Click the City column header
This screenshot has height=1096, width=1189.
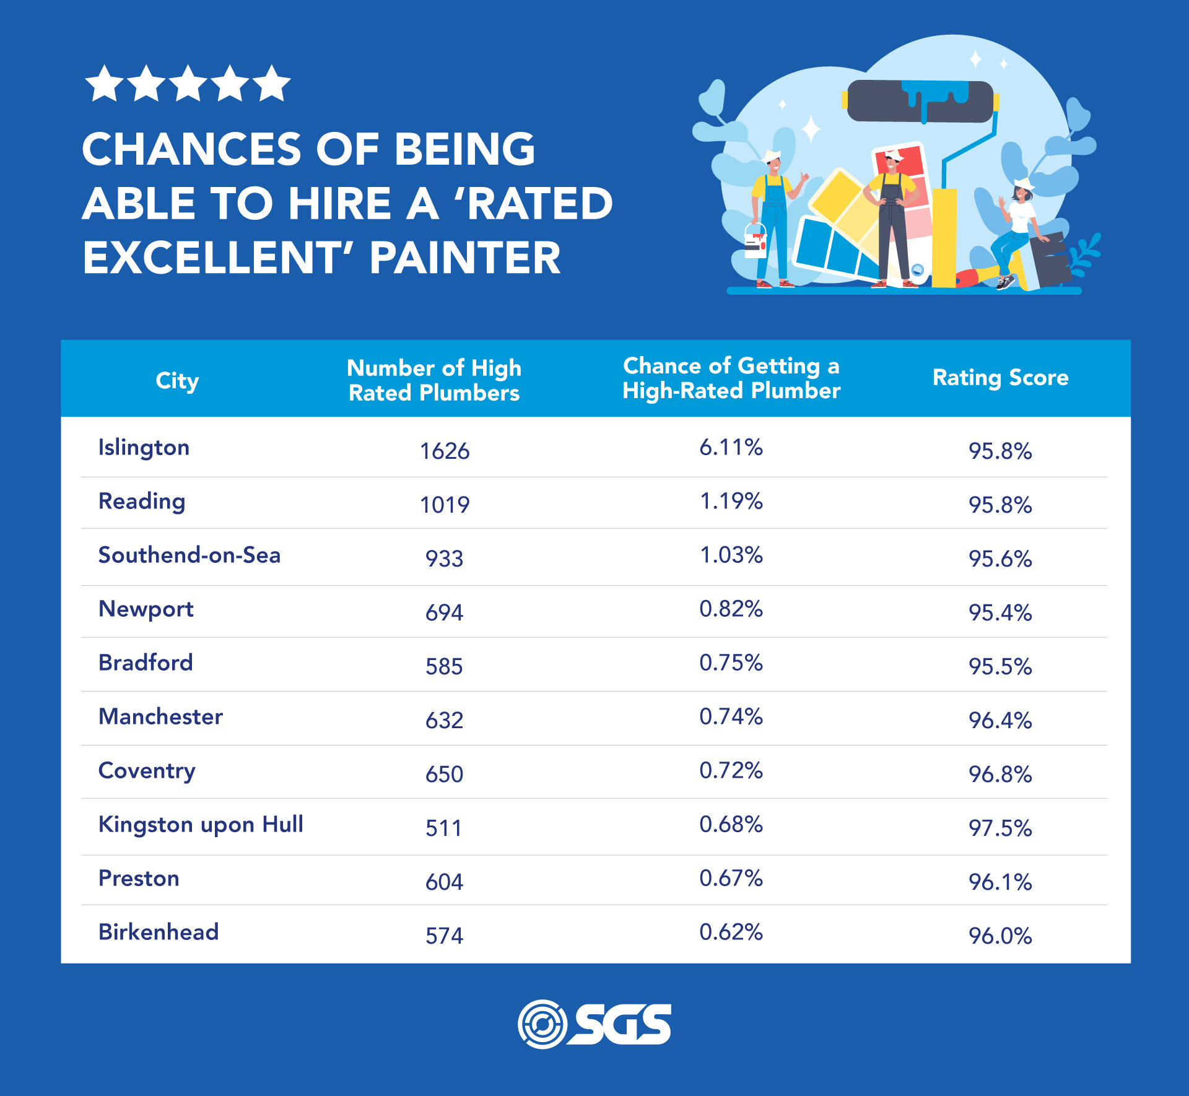pyautogui.click(x=177, y=380)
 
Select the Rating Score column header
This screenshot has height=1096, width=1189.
pyautogui.click(x=1000, y=378)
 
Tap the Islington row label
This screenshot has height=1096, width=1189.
pyautogui.click(x=144, y=448)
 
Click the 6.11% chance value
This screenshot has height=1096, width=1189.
pyautogui.click(x=731, y=448)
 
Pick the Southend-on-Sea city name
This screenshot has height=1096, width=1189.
pyautogui.click(x=189, y=555)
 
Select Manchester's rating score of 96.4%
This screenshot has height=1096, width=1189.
pyautogui.click(x=1000, y=721)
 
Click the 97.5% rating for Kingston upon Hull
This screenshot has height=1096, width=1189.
pyautogui.click(x=1000, y=829)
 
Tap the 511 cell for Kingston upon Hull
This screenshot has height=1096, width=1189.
pyautogui.click(x=443, y=829)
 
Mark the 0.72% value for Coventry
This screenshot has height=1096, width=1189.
pyautogui.click(x=731, y=771)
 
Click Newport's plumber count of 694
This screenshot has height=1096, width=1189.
pyautogui.click(x=444, y=613)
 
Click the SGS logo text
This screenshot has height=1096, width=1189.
pyautogui.click(x=623, y=1024)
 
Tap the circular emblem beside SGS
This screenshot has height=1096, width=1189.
pyautogui.click(x=542, y=1024)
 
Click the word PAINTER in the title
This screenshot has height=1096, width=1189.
pyautogui.click(x=464, y=258)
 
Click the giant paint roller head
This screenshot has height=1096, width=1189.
pyautogui.click(x=920, y=101)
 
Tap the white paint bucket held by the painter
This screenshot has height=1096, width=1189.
pyautogui.click(x=755, y=241)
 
